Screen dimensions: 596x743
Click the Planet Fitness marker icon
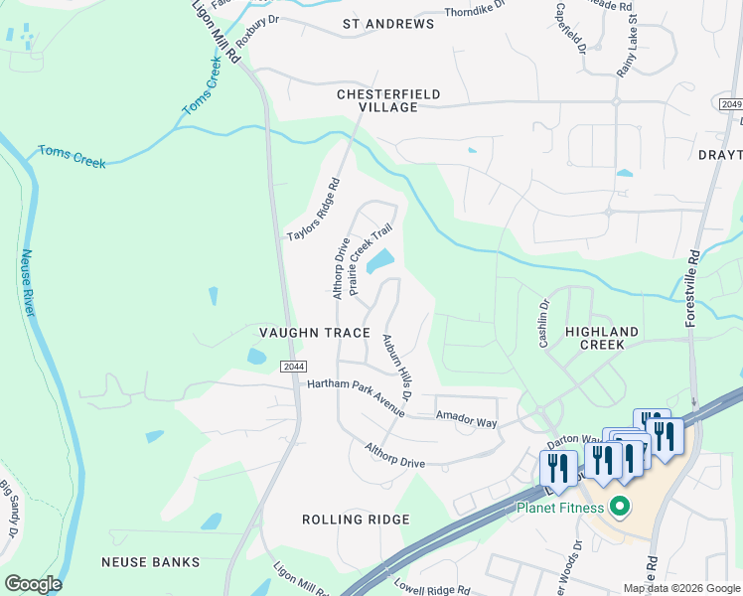[x=621, y=508]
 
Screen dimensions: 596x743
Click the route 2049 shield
[x=729, y=104]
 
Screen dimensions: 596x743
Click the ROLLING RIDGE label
[x=356, y=520]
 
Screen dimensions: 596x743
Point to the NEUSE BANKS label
[x=150, y=561]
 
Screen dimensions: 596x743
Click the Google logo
[x=33, y=584]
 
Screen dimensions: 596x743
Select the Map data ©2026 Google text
[x=680, y=588]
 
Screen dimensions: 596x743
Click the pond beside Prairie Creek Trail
[x=379, y=262]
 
